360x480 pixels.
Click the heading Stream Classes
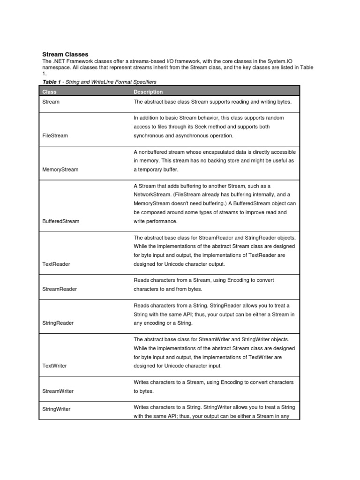[x=65, y=55]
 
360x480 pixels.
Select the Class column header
[x=49, y=92]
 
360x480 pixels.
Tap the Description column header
[x=148, y=92]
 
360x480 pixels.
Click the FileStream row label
[x=55, y=135]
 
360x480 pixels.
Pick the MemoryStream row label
[x=60, y=170]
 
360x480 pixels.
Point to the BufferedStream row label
[x=60, y=221]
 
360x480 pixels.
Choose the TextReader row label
[x=56, y=264]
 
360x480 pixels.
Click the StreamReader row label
[x=59, y=289]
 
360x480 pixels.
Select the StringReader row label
[x=58, y=323]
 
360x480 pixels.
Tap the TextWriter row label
[x=55, y=366]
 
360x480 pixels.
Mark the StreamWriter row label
[x=58, y=391]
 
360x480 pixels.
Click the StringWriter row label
[x=56, y=409]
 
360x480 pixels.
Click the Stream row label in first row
[x=51, y=101]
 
